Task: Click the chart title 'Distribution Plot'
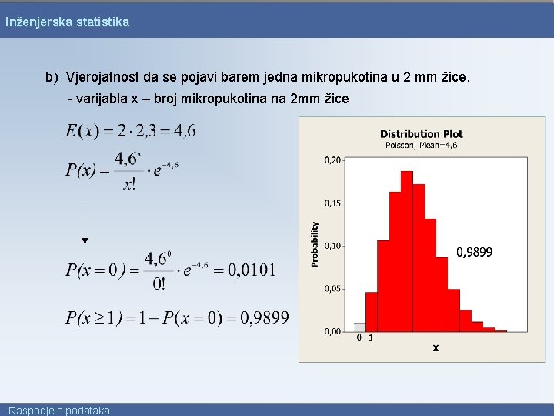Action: (421, 134)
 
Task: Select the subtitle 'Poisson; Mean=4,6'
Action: (421, 145)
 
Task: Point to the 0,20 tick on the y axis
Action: (332, 159)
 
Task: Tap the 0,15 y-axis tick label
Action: (332, 203)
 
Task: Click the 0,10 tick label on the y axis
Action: (332, 246)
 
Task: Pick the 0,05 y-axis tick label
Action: (332, 289)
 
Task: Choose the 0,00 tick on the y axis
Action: (332, 331)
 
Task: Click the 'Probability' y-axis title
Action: (315, 245)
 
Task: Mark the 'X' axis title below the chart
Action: (436, 348)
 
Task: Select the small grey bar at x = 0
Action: (359, 327)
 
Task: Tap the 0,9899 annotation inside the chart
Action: (475, 252)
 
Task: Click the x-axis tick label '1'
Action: (371, 337)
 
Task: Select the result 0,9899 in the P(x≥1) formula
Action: (264, 317)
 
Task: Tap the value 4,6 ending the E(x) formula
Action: (185, 131)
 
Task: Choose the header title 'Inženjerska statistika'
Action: (68, 22)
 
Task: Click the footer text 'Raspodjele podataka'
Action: (59, 411)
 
